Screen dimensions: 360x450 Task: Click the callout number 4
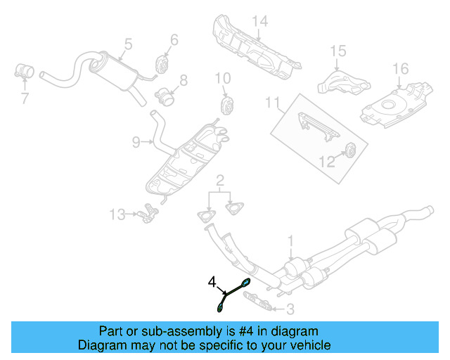[212, 282]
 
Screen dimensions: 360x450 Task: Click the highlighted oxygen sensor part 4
[233, 293]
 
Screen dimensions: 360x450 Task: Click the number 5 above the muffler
[128, 44]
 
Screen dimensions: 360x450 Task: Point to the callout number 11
[272, 104]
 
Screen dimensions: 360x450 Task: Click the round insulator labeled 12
[350, 150]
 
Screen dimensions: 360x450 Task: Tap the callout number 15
[339, 51]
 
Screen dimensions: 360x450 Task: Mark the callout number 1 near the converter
[290, 243]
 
